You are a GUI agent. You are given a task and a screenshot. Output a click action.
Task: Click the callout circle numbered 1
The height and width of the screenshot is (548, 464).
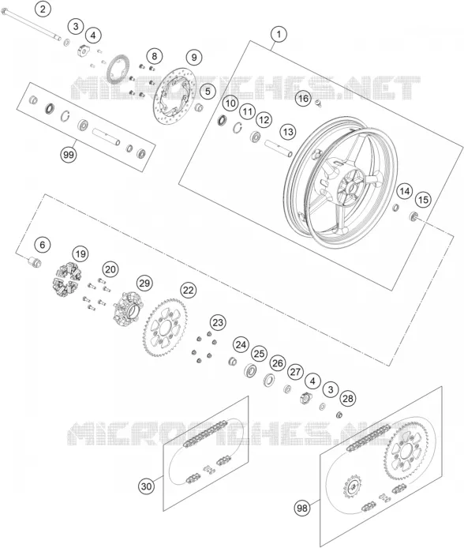tap(279, 35)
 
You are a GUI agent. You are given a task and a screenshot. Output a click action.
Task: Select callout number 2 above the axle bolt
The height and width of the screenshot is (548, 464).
tap(43, 9)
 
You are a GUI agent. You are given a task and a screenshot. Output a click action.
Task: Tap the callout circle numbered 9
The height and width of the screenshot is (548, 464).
tap(194, 57)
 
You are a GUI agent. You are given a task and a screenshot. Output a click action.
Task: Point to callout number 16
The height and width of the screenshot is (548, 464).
tap(303, 99)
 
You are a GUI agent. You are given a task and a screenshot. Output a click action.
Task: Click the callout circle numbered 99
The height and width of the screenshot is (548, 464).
tap(69, 154)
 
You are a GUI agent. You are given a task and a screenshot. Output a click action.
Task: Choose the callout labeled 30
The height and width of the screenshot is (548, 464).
tap(146, 486)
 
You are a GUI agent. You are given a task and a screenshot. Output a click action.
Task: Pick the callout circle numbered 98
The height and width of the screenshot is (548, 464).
tap(302, 508)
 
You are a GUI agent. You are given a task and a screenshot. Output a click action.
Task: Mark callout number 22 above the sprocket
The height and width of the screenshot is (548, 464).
tap(188, 290)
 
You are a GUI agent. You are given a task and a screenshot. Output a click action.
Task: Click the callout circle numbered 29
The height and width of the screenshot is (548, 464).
tap(144, 283)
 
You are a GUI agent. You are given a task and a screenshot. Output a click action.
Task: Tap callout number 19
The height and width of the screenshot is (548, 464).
tap(80, 254)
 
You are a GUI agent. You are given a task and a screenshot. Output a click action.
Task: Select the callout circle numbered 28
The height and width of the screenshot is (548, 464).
tap(348, 399)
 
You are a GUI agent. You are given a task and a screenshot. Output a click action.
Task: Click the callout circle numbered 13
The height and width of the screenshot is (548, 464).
tap(288, 132)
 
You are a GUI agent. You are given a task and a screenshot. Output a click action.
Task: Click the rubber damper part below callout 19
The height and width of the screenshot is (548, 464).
tap(67, 280)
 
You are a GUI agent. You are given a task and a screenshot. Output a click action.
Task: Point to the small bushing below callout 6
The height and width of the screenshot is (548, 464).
tap(35, 262)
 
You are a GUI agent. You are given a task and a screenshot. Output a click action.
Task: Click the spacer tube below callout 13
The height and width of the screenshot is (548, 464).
tap(278, 148)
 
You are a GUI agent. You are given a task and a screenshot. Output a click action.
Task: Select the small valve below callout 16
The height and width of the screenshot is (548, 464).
tap(318, 103)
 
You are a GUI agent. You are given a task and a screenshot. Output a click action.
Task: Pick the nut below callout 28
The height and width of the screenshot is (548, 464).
tap(339, 415)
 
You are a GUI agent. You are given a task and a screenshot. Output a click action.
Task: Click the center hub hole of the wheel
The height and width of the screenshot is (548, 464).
tap(352, 189)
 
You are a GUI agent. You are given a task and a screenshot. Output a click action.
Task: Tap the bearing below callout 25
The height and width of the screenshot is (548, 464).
tap(250, 370)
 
